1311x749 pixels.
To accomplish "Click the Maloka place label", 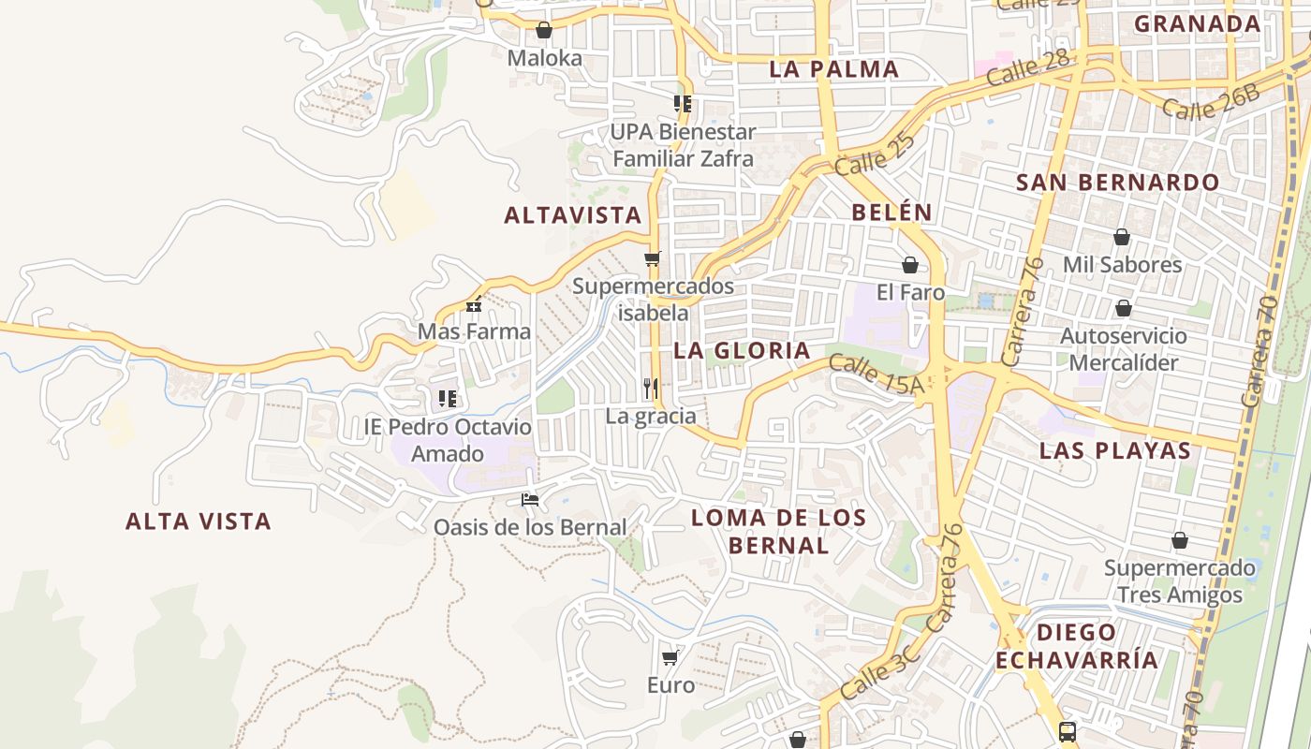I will [x=544, y=58].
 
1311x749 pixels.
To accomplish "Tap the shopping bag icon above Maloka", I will [x=544, y=30].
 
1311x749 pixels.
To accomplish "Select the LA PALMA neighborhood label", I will [x=834, y=69].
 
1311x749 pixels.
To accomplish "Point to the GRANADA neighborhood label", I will [x=1198, y=24].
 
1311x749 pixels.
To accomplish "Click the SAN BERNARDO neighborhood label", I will [x=1118, y=183].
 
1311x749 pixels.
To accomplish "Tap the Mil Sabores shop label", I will [x=1122, y=265].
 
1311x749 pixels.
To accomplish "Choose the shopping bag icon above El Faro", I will [x=909, y=266].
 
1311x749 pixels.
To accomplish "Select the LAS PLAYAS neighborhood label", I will [x=1115, y=451].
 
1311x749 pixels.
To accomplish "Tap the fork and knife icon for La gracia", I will [x=651, y=388].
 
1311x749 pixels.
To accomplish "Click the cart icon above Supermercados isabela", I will [x=653, y=258].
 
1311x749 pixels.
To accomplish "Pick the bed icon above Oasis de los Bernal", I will [x=530, y=500].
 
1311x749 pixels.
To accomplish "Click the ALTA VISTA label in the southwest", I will [x=199, y=521].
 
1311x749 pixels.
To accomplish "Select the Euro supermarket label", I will [x=671, y=685].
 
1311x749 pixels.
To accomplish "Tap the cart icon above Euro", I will [x=670, y=658].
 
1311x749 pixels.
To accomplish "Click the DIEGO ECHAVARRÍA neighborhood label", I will [x=1076, y=646].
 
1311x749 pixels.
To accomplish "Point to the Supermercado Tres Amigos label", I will [x=1179, y=581].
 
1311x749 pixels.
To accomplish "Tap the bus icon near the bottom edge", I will [x=1068, y=731].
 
